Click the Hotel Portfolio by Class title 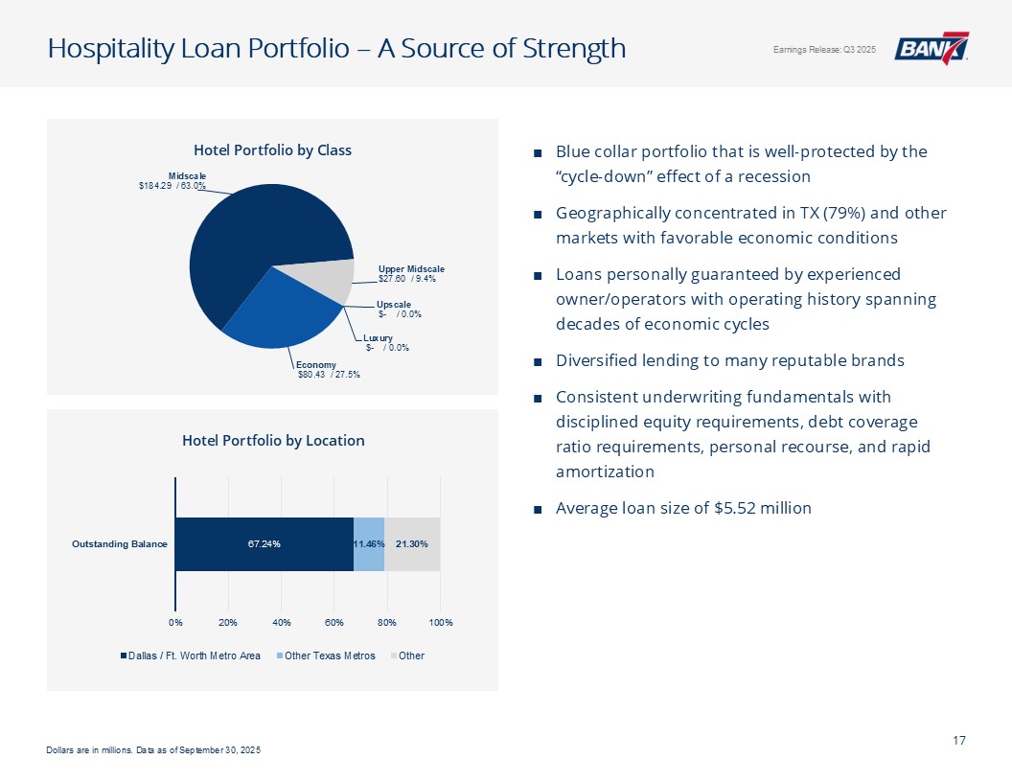[x=272, y=150]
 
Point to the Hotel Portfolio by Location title [x=273, y=441]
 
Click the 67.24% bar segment [x=264, y=544]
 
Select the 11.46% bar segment [x=369, y=544]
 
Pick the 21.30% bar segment [x=412, y=544]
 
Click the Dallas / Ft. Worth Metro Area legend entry [x=195, y=655]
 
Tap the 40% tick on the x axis [x=281, y=623]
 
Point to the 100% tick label [x=441, y=623]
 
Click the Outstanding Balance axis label [x=120, y=544]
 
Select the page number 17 [x=958, y=739]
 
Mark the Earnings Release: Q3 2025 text [x=824, y=50]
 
